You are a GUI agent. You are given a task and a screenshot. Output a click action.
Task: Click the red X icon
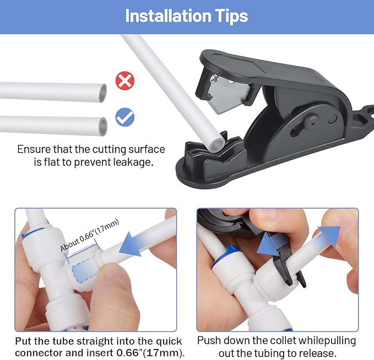point(125,81)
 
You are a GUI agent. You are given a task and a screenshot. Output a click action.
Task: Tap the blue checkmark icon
point(125,117)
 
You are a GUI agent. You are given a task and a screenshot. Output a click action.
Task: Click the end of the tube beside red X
point(101,91)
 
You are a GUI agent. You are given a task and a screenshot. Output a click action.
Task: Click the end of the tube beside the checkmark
point(102,126)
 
